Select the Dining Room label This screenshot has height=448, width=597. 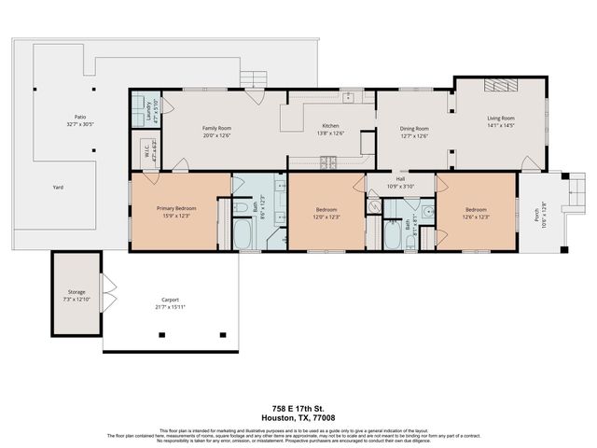(x=414, y=129)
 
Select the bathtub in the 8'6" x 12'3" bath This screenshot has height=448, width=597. (x=243, y=233)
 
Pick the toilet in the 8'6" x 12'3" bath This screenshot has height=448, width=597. (x=277, y=241)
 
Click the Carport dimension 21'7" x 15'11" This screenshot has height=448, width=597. (x=171, y=306)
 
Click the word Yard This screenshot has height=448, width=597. (x=58, y=187)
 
